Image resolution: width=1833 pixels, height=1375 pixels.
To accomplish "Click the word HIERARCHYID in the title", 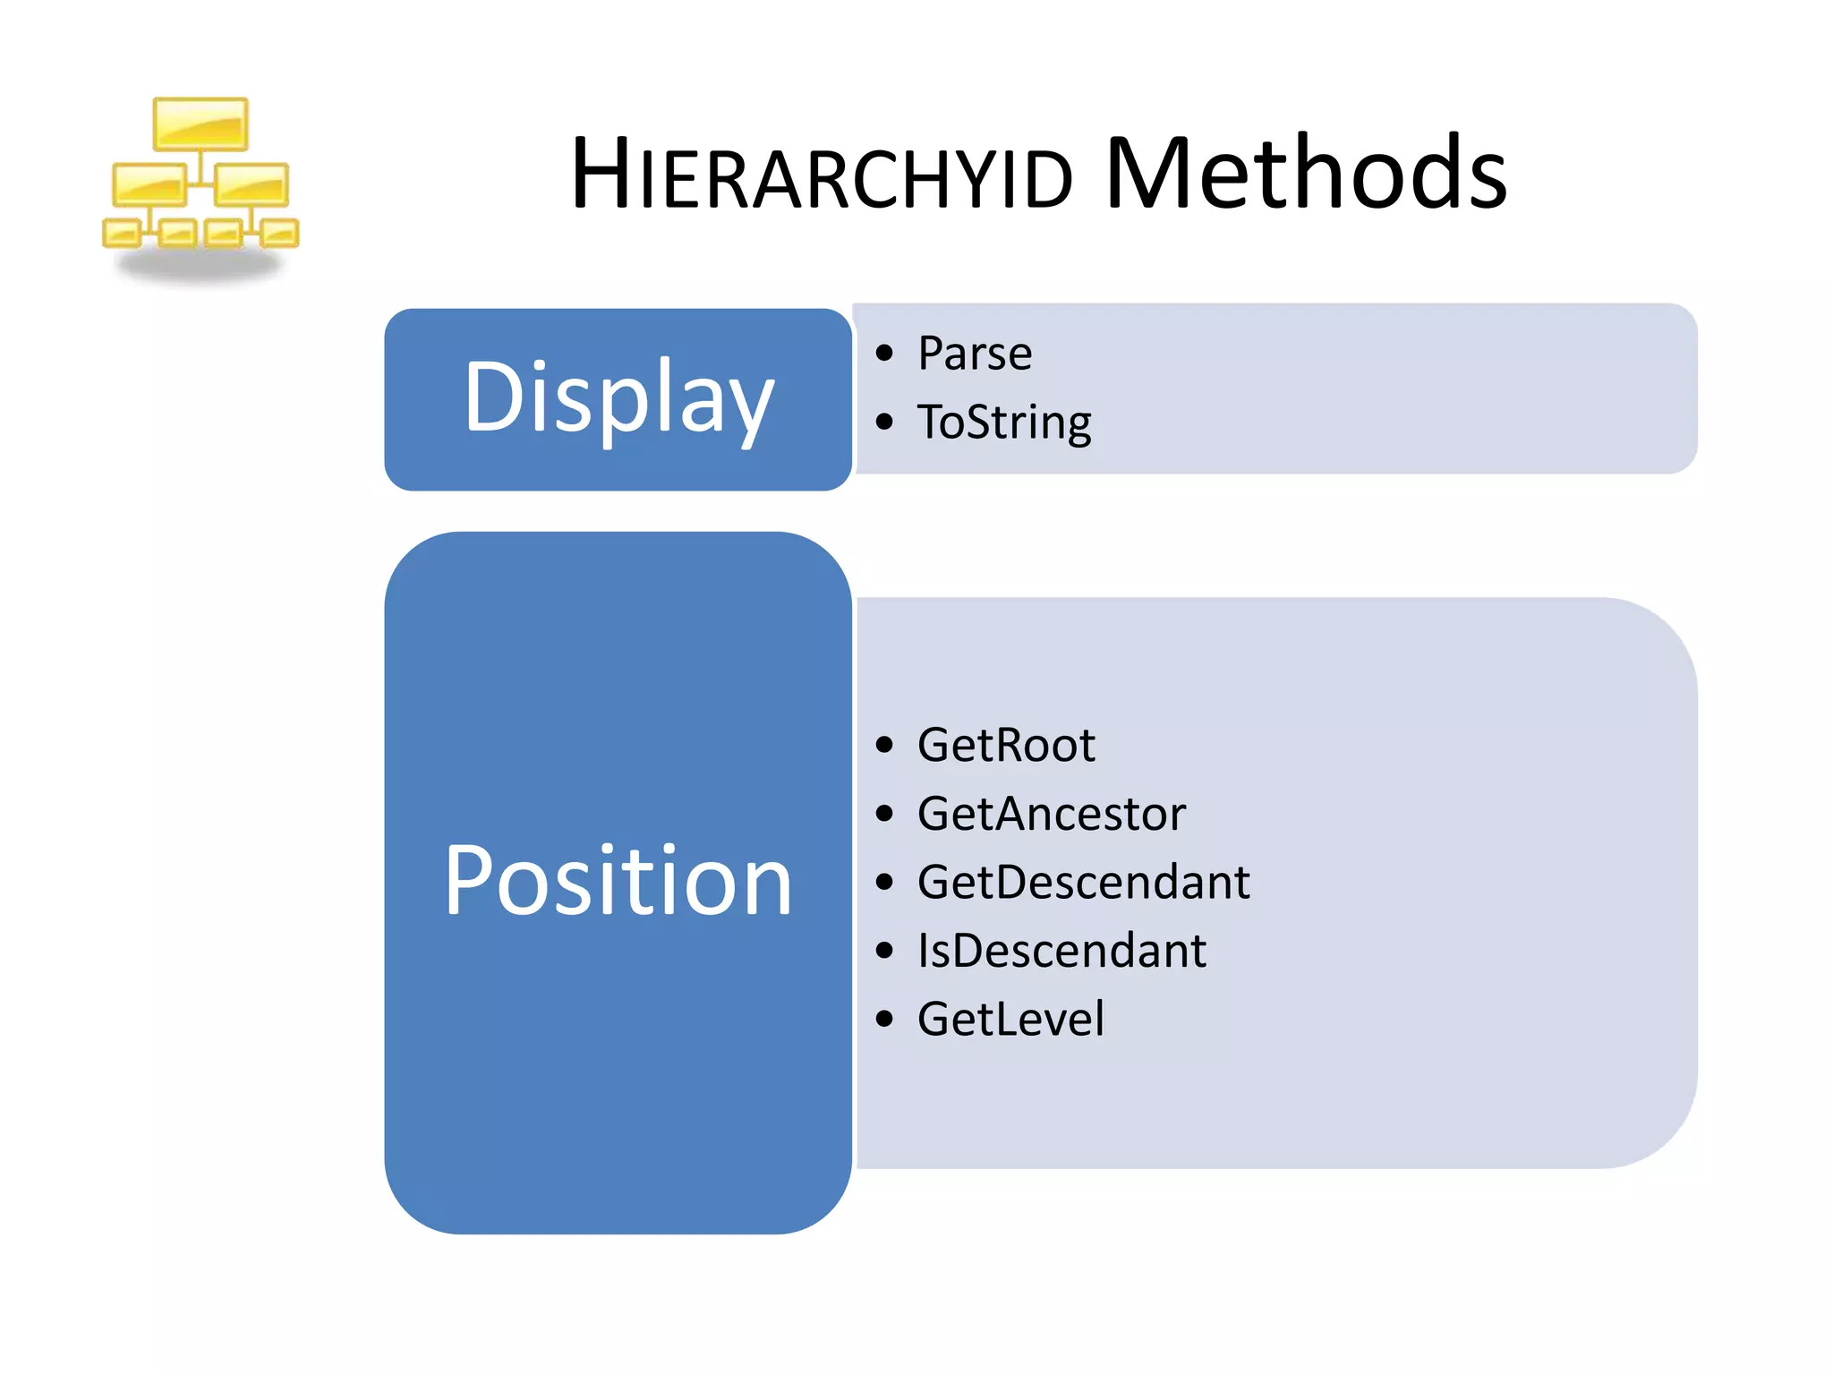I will [822, 175].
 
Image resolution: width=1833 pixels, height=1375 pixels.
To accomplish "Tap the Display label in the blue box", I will [618, 397].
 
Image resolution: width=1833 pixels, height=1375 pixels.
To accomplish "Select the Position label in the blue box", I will [618, 882].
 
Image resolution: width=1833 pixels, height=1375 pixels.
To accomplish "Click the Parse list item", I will [975, 353].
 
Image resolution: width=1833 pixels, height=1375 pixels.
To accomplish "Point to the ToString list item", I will [1004, 422].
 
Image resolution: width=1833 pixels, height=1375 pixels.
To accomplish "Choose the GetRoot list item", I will [1006, 745].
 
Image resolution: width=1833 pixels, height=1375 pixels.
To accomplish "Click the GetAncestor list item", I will [1052, 814].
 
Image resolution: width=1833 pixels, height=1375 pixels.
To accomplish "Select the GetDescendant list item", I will [1083, 882].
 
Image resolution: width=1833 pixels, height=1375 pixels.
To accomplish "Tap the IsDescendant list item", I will [1061, 951].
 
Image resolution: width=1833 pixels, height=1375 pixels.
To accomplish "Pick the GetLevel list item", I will [1010, 1019].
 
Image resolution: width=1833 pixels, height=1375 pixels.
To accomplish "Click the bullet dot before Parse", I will [884, 353].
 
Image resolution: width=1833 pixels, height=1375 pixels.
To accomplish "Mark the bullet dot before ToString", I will [884, 422].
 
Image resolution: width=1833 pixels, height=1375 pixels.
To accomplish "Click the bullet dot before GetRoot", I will [884, 745].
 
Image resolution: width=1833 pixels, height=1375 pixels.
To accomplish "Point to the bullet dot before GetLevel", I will [884, 1019].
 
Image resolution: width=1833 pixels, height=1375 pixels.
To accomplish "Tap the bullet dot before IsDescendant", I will [884, 951].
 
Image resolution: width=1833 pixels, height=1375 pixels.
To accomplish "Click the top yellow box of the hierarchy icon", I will [200, 124].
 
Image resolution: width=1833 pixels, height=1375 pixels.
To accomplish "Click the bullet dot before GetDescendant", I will [884, 882].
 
